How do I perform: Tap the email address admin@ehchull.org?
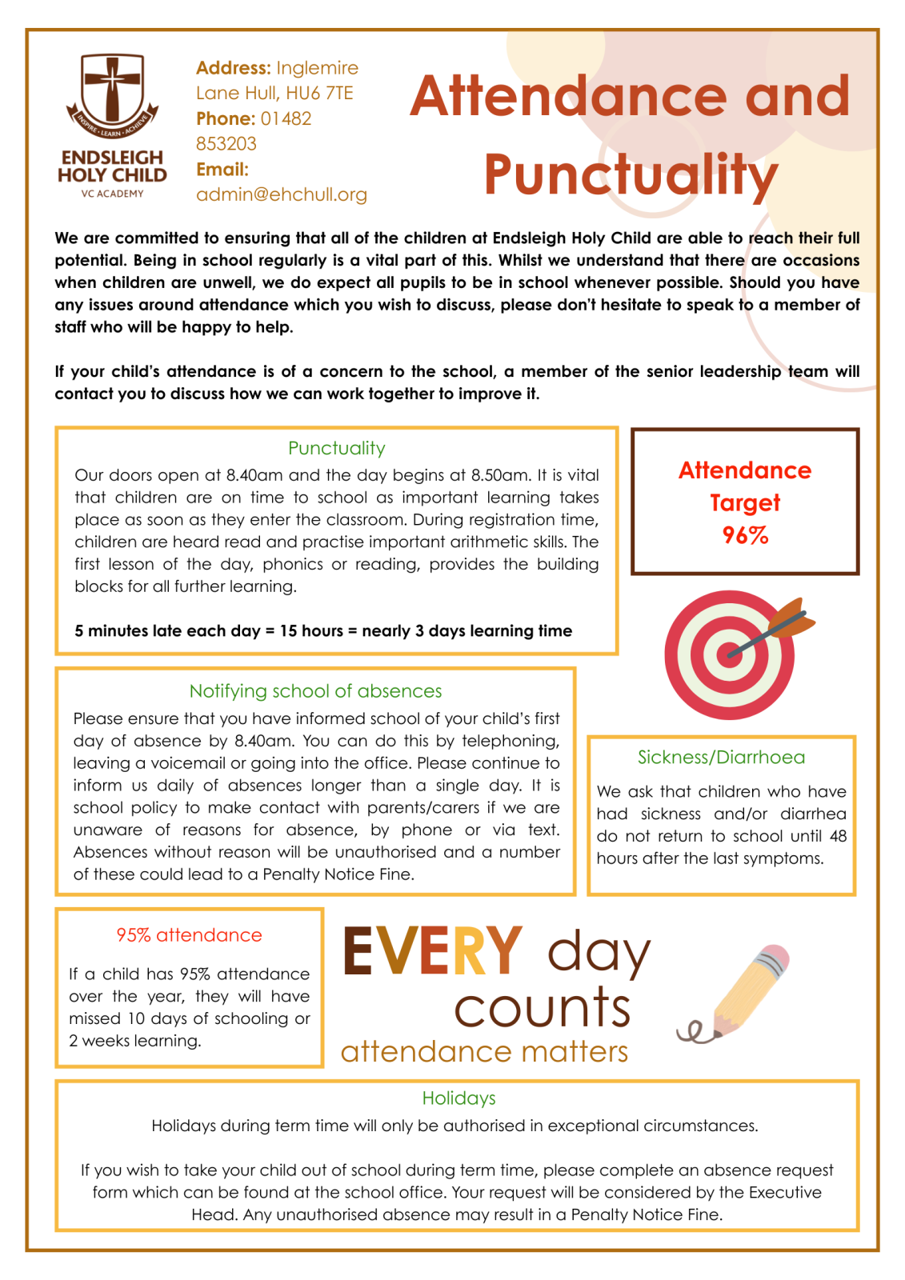(282, 194)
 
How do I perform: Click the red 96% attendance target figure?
(745, 535)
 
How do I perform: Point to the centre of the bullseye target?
(729, 655)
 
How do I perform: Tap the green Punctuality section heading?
(336, 448)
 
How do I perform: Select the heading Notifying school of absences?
(315, 690)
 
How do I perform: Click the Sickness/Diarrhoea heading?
(721, 757)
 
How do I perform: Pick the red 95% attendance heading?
(189, 934)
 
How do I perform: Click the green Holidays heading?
(459, 1098)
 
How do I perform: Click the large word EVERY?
(432, 950)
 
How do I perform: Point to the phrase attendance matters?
(484, 1051)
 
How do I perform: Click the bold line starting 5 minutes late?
(323, 630)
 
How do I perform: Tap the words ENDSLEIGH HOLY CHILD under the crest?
(112, 166)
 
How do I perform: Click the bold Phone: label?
(226, 118)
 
